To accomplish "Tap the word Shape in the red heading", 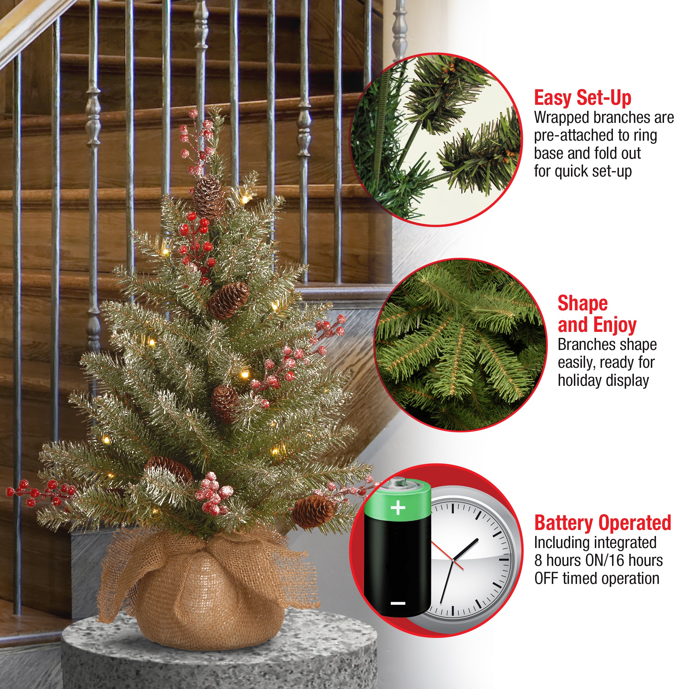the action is [x=583, y=303].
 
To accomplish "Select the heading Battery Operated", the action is [x=603, y=523].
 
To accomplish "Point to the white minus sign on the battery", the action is [x=398, y=603].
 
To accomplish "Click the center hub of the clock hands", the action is [x=452, y=561].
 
